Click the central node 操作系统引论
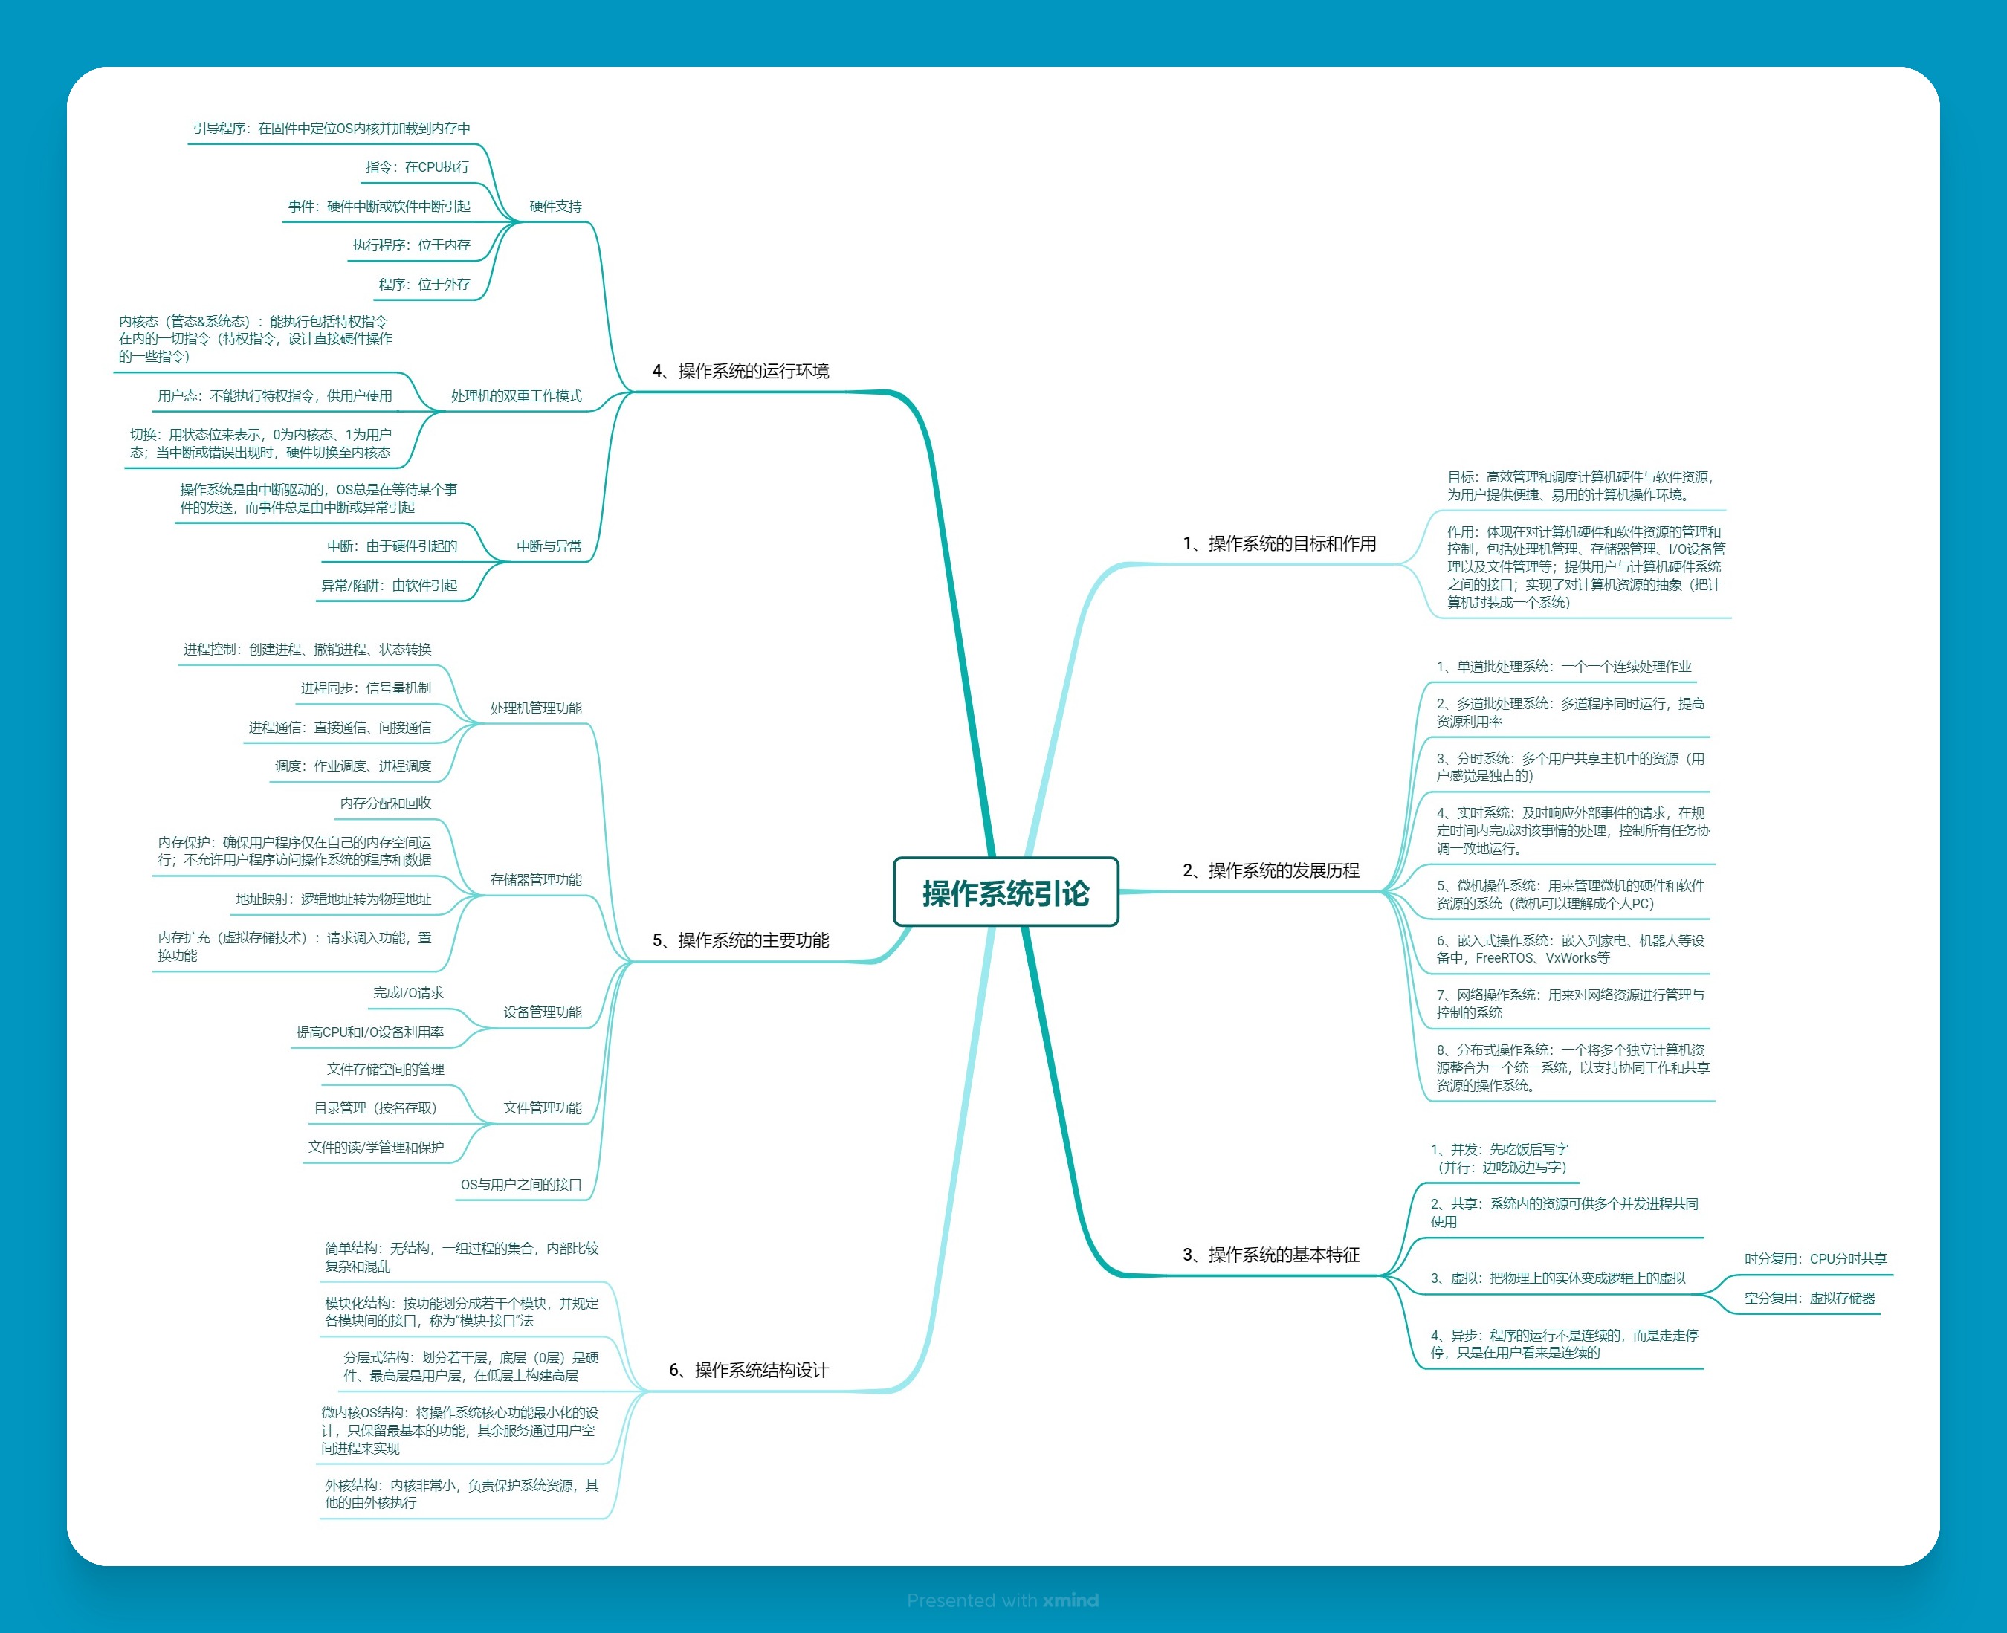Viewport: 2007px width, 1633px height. click(1006, 892)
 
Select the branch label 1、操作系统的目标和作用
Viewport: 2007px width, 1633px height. click(1279, 543)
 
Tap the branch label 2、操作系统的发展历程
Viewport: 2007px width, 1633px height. click(1270, 870)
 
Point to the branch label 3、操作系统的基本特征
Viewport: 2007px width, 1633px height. click(1270, 1254)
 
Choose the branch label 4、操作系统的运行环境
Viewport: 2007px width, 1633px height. click(741, 371)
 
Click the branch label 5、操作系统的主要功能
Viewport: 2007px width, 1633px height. click(741, 940)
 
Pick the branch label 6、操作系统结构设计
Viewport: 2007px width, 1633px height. click(749, 1370)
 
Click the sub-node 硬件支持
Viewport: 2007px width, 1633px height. click(555, 206)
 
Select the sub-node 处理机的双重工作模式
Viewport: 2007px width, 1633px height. click(517, 396)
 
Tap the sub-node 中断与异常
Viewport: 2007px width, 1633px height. click(549, 546)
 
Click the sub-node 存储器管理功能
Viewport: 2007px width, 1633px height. click(536, 879)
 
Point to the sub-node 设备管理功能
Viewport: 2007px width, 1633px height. click(543, 1012)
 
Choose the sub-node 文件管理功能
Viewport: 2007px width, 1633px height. click(543, 1107)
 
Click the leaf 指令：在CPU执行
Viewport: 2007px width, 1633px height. click(418, 166)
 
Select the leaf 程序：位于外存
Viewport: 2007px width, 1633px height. click(424, 284)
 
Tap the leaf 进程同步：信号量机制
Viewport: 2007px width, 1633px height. click(366, 688)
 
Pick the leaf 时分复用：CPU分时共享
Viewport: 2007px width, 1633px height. click(1815, 1258)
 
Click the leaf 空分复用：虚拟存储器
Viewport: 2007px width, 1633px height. click(1809, 1298)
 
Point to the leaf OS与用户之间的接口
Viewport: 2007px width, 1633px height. click(521, 1184)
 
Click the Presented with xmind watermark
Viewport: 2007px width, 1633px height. click(1003, 1600)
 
